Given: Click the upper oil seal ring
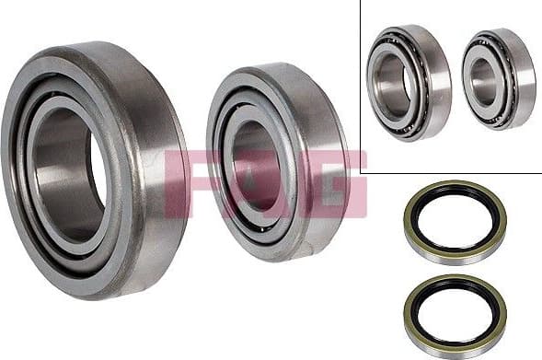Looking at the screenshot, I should [x=455, y=224].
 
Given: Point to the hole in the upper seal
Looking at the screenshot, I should [x=455, y=224].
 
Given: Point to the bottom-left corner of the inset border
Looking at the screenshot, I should [x=360, y=172].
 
